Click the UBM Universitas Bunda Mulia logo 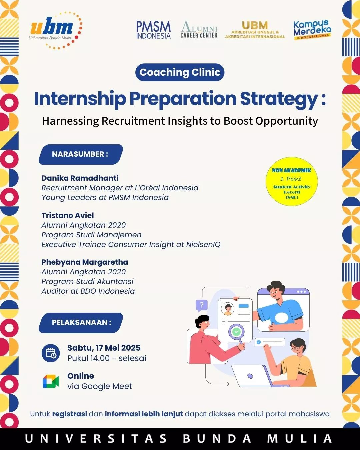(x=55, y=30)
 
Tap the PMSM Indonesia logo (x=153, y=30)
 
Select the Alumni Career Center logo (x=199, y=29)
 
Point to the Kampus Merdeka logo (x=312, y=30)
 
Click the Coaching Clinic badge (x=180, y=72)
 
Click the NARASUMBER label (x=81, y=154)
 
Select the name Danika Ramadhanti (x=80, y=178)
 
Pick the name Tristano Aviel (x=68, y=215)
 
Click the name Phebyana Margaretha (x=85, y=262)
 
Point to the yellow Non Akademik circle (x=292, y=181)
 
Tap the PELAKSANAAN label (x=81, y=322)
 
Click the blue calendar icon (x=51, y=353)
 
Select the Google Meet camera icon (x=51, y=381)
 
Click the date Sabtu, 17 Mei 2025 (x=104, y=348)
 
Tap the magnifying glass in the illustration (x=237, y=333)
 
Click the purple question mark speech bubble (x=201, y=306)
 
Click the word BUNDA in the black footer (x=217, y=439)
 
